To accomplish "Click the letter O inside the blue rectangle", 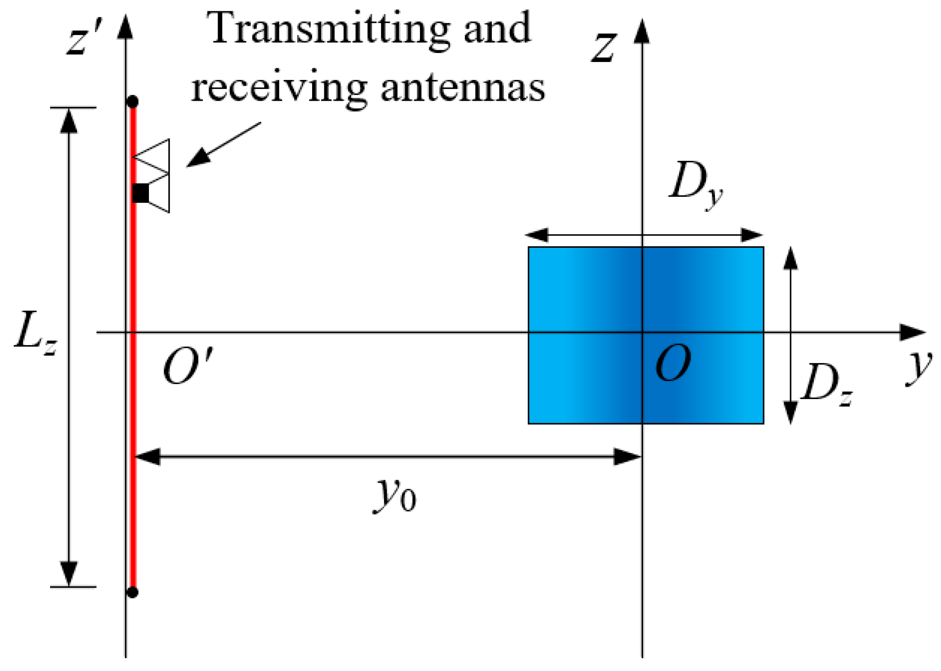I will pyautogui.click(x=673, y=363).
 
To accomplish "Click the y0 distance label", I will pyautogui.click(x=395, y=494).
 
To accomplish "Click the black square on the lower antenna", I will pyautogui.click(x=140, y=193).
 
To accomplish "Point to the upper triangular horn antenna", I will pyautogui.click(x=154, y=156).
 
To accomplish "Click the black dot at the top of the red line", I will pyautogui.click(x=132, y=102).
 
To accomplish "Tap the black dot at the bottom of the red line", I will pyautogui.click(x=132, y=592).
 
